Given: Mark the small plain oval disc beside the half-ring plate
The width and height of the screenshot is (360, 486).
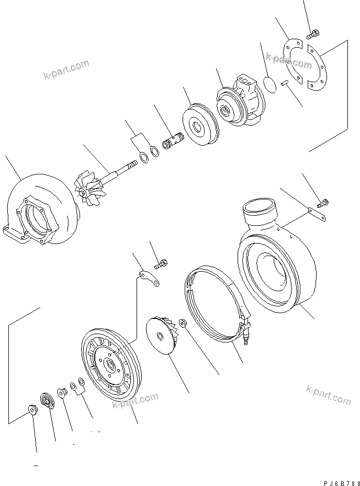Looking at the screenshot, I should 270,84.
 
